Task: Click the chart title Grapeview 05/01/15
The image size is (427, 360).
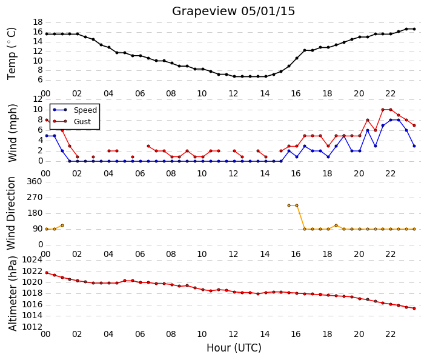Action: coord(233,11)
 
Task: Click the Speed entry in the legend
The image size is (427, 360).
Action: coord(85,110)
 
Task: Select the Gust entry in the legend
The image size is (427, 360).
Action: coord(82,122)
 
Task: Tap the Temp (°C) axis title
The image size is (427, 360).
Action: coord(12,54)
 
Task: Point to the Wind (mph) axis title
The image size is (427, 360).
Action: coord(12,133)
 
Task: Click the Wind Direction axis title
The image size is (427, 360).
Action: coord(11,213)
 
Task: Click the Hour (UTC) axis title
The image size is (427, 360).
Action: coord(234,348)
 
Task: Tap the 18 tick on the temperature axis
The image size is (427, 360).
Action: coord(38,22)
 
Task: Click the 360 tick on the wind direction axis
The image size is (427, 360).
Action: coord(35,181)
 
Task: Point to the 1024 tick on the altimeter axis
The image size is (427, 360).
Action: coord(33,260)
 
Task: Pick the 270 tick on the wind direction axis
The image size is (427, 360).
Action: coord(35,198)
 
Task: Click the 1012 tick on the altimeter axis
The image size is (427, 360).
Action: coord(33,327)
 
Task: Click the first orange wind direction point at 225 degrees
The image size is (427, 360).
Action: coord(289,205)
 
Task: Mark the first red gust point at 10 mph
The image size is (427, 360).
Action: coord(383,110)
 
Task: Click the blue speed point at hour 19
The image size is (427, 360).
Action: coord(343,136)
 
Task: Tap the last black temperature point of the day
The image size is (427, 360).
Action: coord(414,29)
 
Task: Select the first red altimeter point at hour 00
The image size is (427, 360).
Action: coord(47,273)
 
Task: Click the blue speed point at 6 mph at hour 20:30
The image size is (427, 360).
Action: coord(368,130)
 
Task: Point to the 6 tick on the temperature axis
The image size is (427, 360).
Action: coord(41,80)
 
